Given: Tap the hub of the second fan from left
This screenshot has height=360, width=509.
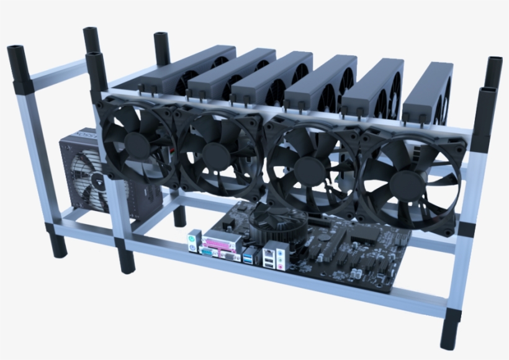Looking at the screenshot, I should (x=216, y=151).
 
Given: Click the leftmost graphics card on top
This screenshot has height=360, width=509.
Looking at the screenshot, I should (x=186, y=68).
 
